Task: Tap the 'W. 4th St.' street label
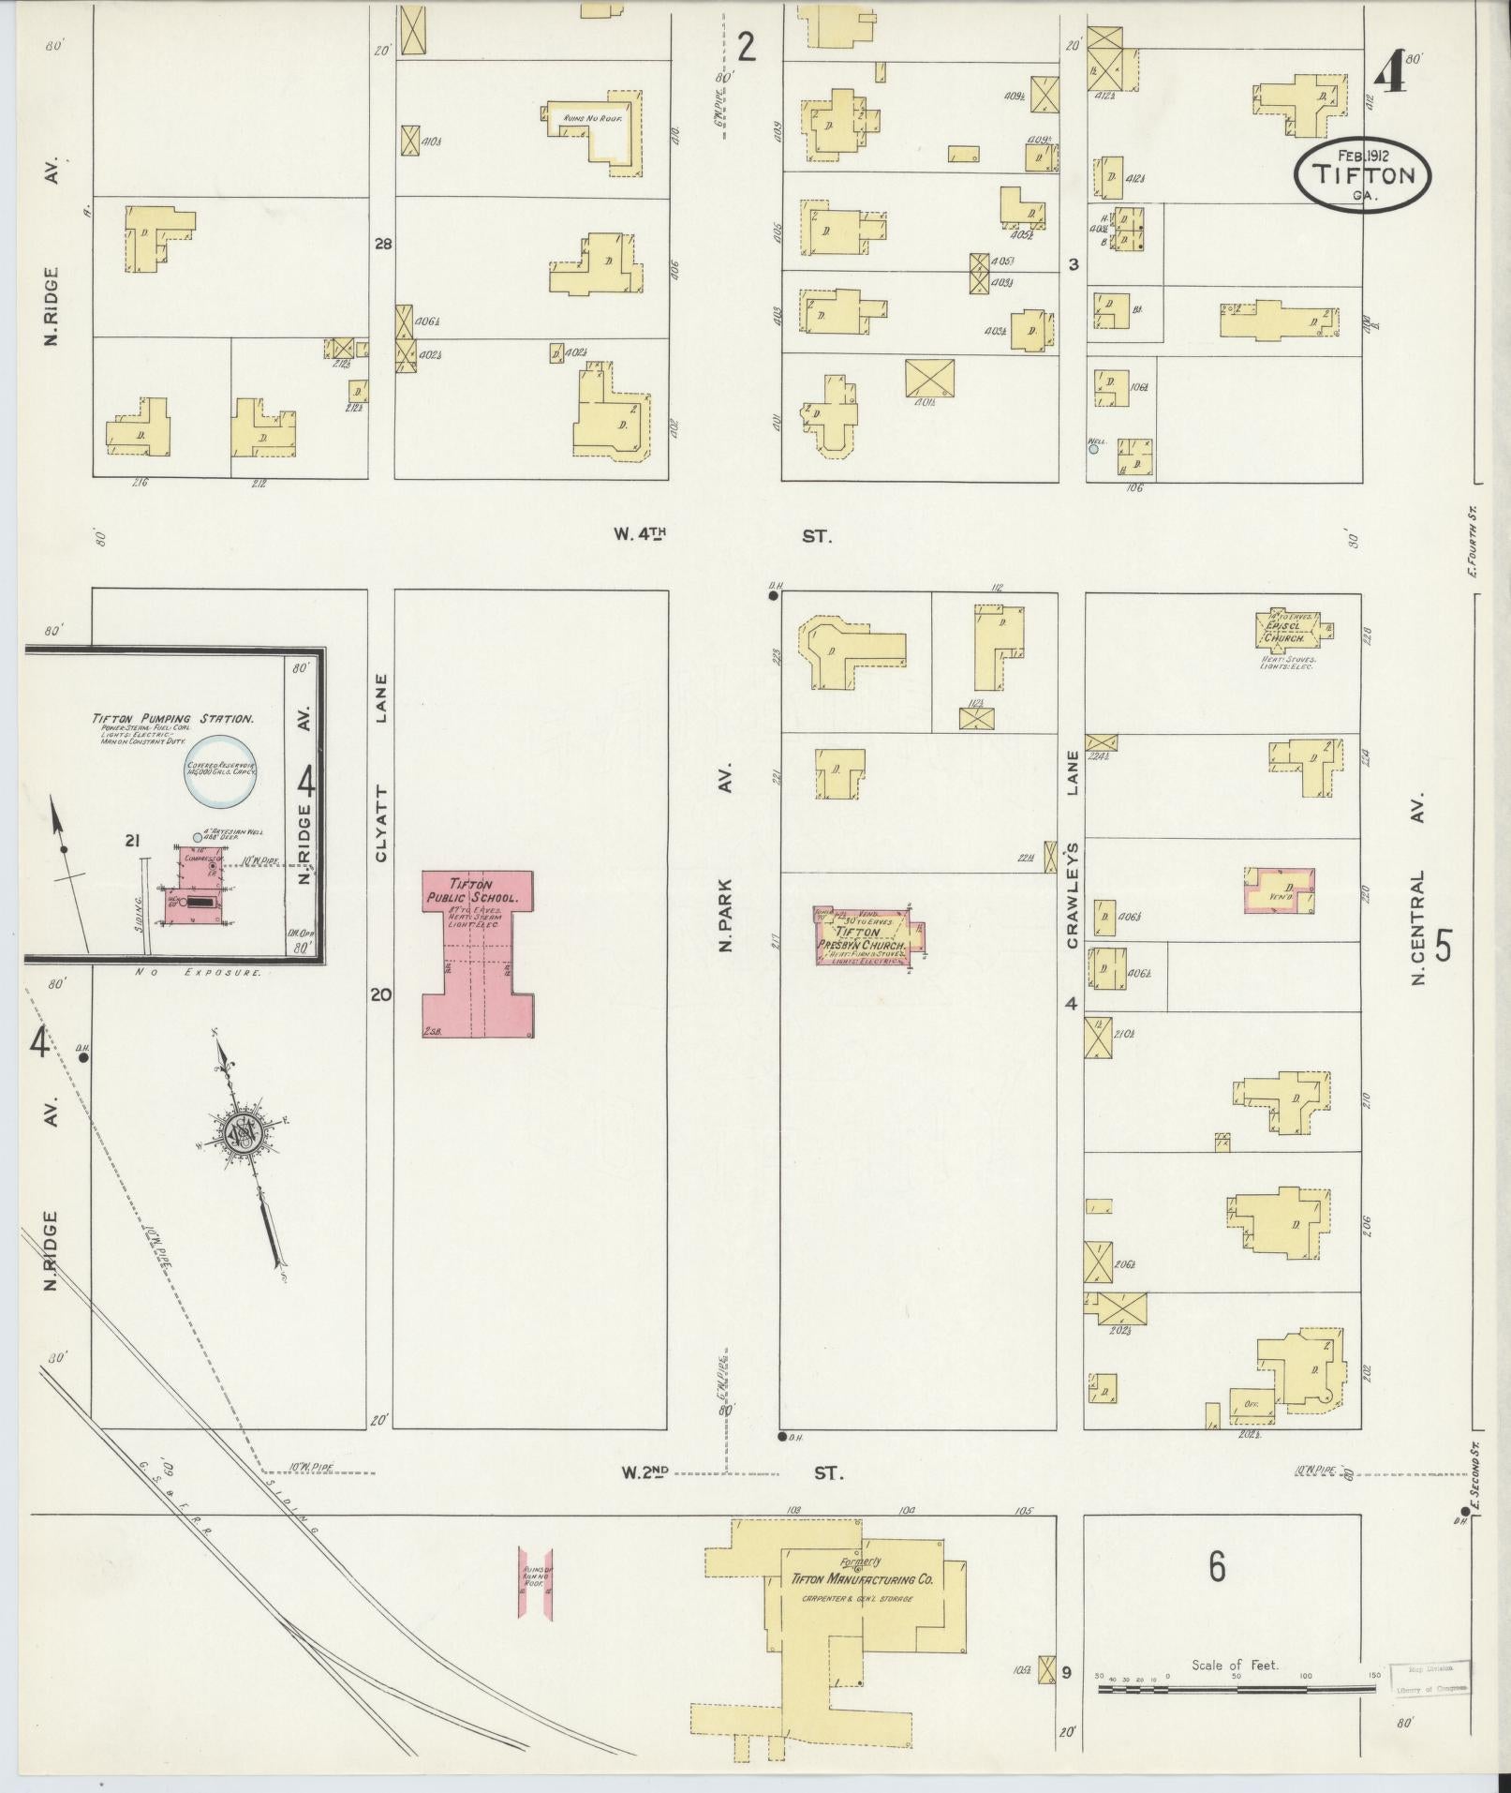[722, 535]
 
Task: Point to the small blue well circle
[1092, 449]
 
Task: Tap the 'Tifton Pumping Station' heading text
[172, 719]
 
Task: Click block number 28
[382, 245]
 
